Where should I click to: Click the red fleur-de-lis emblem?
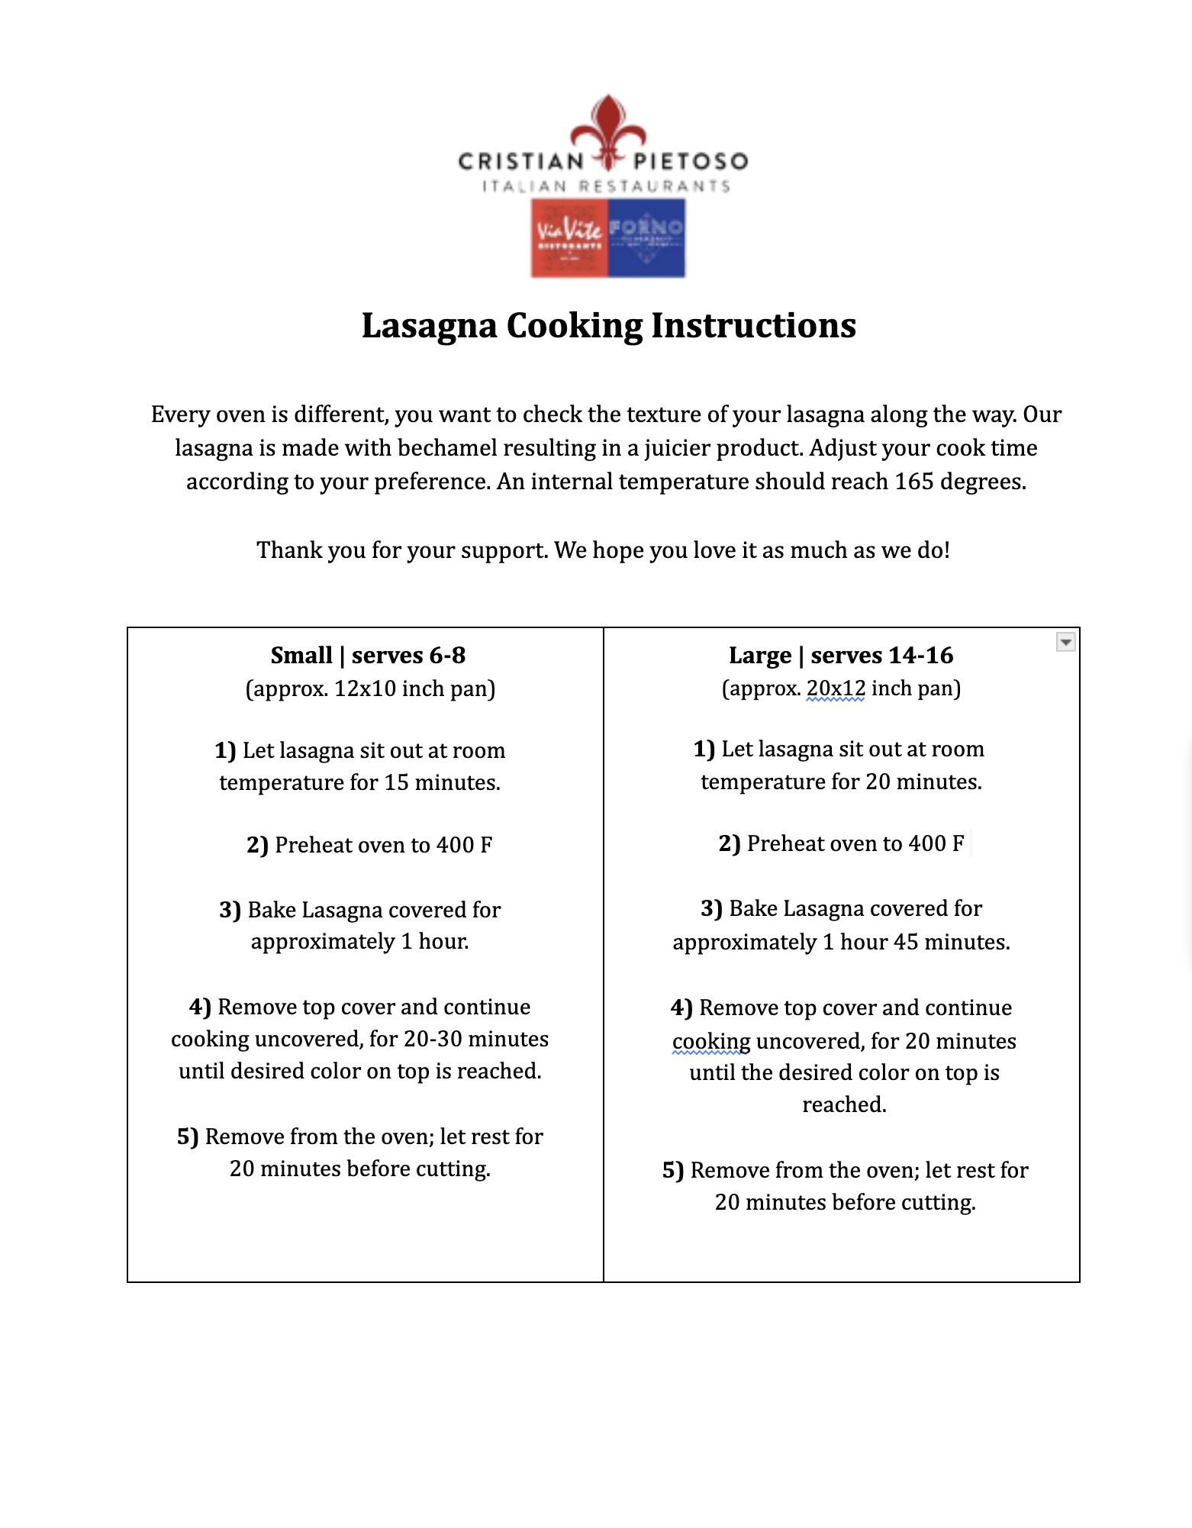[x=608, y=130]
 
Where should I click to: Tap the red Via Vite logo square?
[x=569, y=237]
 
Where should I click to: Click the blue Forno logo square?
[x=646, y=237]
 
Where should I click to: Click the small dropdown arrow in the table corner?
[x=1065, y=642]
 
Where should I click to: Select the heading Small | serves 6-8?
[x=368, y=655]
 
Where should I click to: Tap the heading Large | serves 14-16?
[x=841, y=655]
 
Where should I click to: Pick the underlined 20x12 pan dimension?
[x=836, y=688]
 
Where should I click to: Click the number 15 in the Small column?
[x=396, y=782]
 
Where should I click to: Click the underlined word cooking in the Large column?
[x=711, y=1041]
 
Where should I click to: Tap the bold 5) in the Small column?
[x=188, y=1136]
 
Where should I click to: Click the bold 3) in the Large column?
[x=711, y=908]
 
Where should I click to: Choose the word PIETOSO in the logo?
[x=690, y=161]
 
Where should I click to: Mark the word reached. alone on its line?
[x=844, y=1104]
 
